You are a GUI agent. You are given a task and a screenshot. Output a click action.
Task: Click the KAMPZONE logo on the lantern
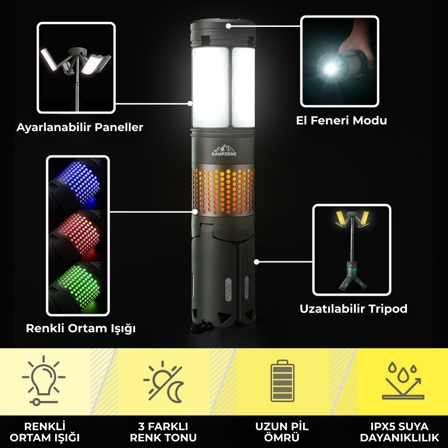pos(224,151)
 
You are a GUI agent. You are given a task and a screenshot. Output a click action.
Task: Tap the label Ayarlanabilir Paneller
pos(80,127)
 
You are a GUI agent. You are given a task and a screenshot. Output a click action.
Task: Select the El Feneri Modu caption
pos(341,121)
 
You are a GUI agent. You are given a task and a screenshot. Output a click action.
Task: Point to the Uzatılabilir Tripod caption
pos(353,309)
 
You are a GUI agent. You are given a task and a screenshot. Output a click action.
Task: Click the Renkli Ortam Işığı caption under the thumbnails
pos(81,329)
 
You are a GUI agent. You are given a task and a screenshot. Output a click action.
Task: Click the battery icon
pos(282,381)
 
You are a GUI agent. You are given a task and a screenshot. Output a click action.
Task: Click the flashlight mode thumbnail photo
pos(339,61)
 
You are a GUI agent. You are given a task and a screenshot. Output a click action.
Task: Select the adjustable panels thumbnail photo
pos(76,68)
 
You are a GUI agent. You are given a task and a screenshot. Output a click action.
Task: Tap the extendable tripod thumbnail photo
pos(352,250)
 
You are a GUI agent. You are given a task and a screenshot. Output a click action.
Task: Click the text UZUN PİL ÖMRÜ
pos(282,432)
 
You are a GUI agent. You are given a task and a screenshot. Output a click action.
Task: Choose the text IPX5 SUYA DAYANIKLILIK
pos(399,432)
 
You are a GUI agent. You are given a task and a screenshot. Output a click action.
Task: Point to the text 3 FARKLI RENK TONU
pos(163,432)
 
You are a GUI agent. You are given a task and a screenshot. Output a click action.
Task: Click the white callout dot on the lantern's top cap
pos(228,26)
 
